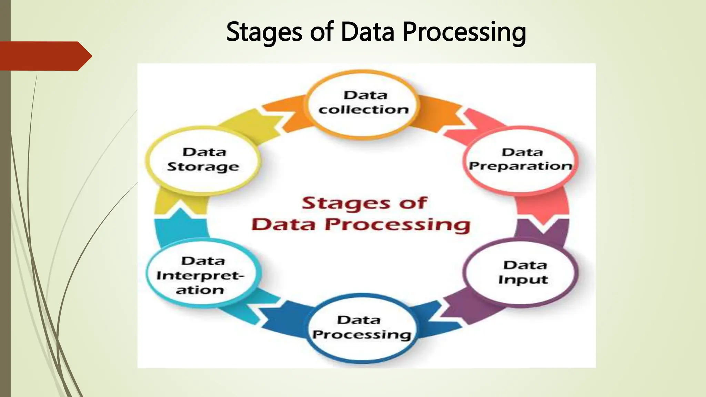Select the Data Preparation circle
(521, 159)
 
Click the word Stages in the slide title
(264, 32)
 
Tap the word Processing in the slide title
(464, 32)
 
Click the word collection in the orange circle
(363, 110)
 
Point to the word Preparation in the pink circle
(521, 166)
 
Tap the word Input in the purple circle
(523, 279)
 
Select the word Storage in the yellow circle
(203, 167)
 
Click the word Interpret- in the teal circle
(200, 276)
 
